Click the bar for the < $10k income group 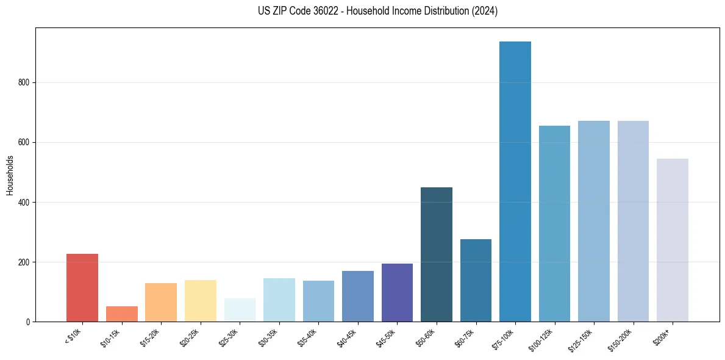click(82, 287)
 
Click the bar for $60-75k click(476, 280)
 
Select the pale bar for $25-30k click(240, 310)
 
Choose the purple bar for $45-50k click(397, 292)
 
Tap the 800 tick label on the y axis click(23, 82)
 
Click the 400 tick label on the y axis click(23, 202)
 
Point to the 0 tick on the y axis click(28, 322)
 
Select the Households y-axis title click(10, 175)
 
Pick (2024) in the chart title click(485, 11)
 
